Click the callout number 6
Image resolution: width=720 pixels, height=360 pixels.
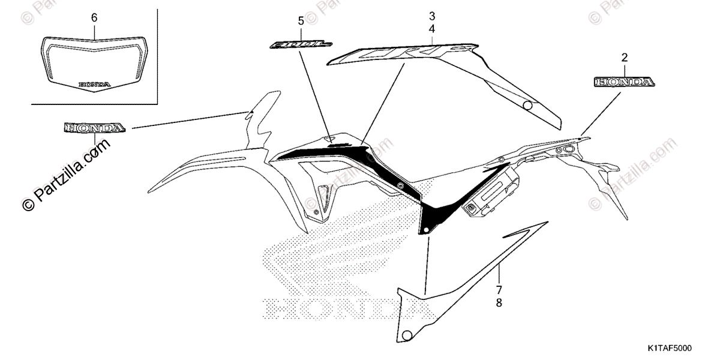[94, 17]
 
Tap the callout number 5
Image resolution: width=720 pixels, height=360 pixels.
[301, 21]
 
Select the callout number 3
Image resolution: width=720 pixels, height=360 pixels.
[432, 16]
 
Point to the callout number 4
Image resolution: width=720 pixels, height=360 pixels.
[432, 28]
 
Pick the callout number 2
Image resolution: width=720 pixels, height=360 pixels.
[625, 58]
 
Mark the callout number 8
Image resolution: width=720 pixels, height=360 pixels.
[498, 304]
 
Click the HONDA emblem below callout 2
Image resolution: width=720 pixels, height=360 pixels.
[624, 82]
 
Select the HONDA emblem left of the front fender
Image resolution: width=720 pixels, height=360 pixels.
[95, 128]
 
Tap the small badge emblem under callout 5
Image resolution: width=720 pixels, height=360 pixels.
[301, 44]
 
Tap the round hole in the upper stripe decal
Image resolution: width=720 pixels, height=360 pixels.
[527, 106]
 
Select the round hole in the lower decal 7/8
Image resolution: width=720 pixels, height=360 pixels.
[408, 334]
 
